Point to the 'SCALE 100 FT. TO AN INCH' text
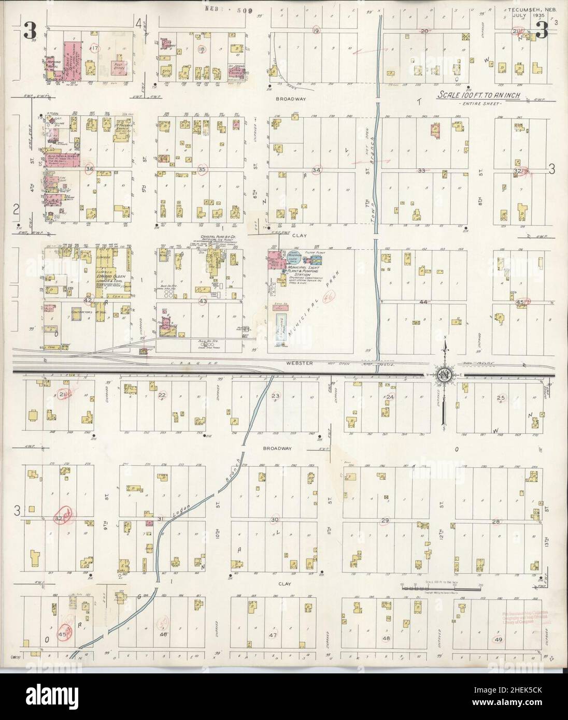pos(479,96)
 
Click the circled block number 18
pos(202,50)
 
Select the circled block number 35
pos(202,169)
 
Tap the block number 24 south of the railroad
pos(390,397)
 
